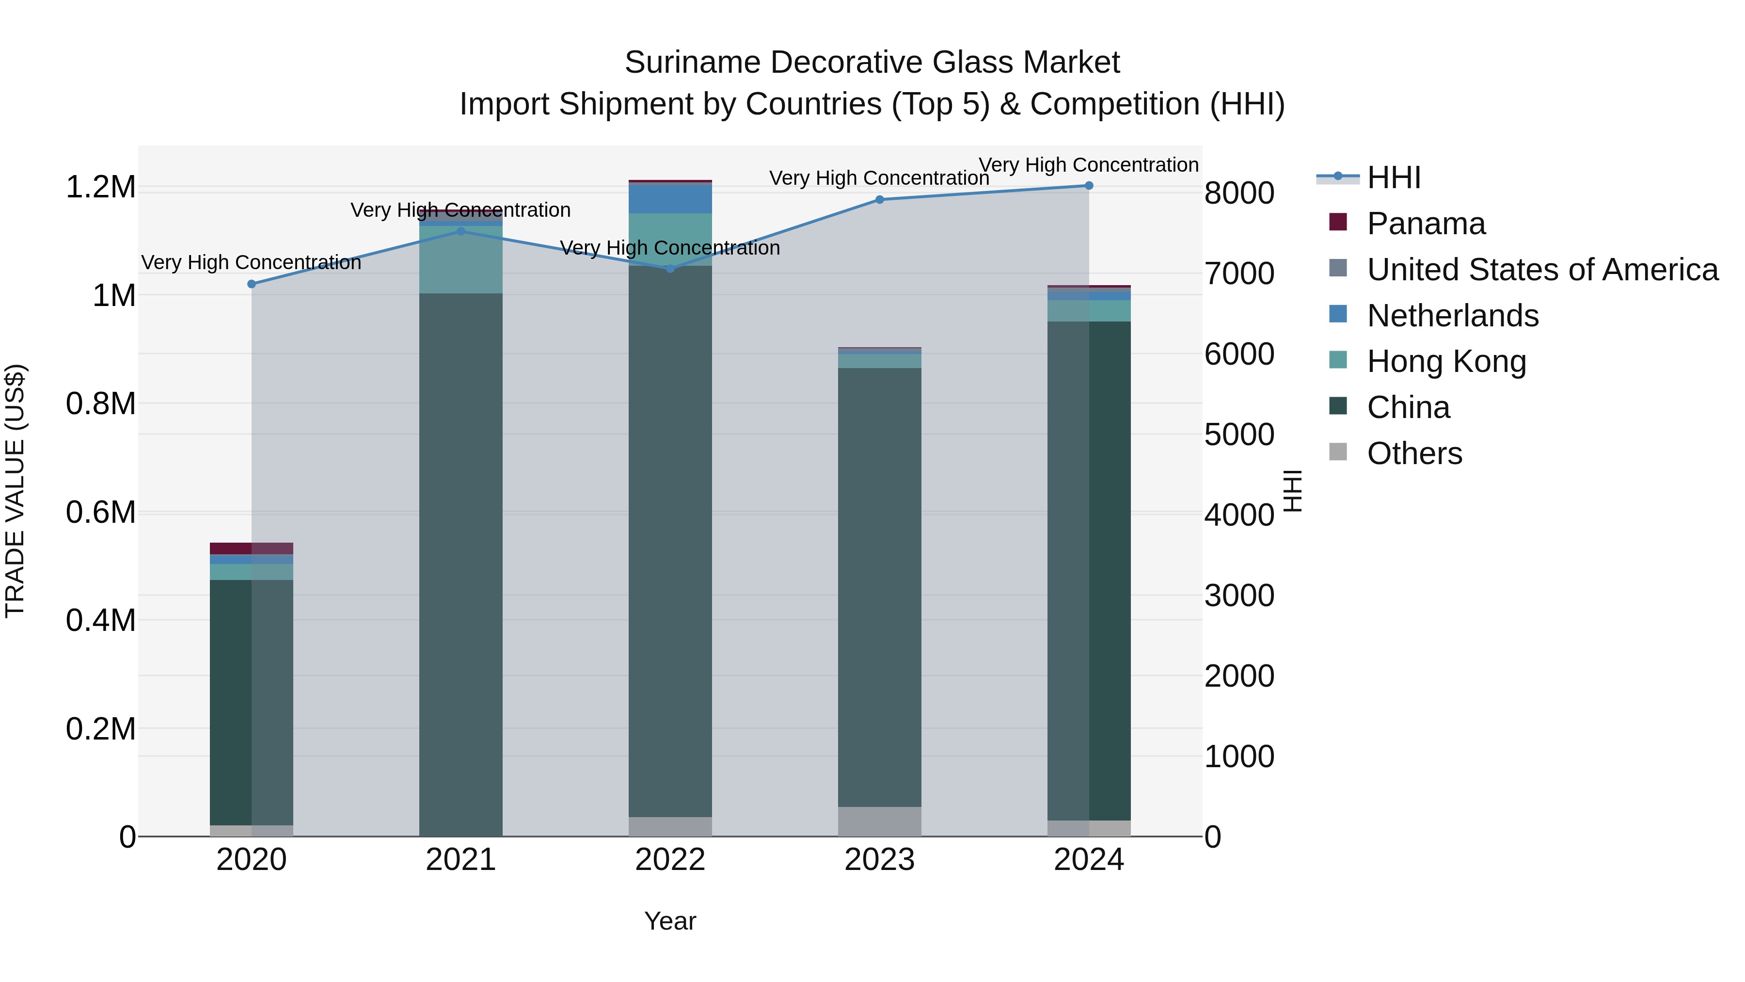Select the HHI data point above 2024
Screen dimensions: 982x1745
1089,186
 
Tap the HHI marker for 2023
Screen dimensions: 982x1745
879,200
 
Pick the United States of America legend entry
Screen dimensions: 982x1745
1542,270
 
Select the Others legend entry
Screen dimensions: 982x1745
1414,453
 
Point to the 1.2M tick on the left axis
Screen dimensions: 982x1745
101,187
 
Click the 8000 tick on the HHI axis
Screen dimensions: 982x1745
1239,193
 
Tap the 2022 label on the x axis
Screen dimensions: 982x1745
670,860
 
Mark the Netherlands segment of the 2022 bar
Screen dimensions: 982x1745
670,198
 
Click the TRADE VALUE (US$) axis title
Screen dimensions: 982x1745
15,491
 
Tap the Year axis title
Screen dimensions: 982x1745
670,921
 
